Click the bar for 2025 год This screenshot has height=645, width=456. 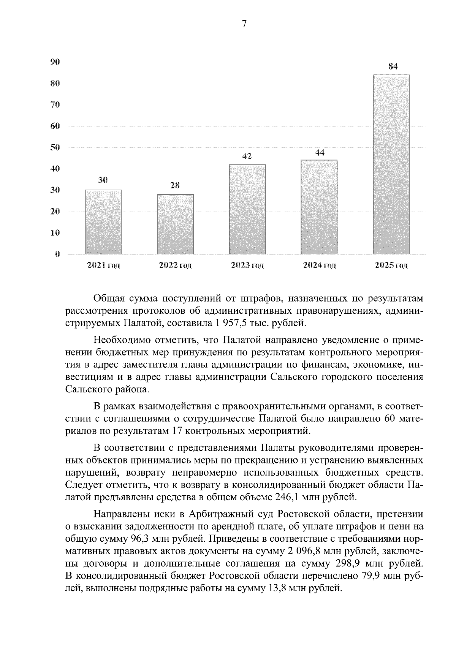[x=391, y=164]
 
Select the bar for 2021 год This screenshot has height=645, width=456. [x=103, y=222]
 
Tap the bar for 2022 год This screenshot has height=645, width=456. [x=175, y=224]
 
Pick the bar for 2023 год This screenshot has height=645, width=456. [x=247, y=209]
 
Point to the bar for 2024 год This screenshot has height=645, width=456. [x=319, y=207]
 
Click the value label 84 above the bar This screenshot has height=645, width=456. [x=393, y=66]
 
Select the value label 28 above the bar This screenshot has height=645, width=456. [x=175, y=185]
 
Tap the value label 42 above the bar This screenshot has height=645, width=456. [x=247, y=156]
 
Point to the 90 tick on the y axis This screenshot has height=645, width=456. [x=55, y=62]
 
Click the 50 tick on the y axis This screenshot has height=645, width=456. [x=55, y=147]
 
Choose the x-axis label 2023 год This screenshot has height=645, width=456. [x=247, y=266]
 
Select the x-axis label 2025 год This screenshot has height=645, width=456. [x=391, y=266]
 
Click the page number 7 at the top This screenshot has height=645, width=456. [x=244, y=24]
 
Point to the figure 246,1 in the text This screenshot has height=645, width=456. [x=286, y=496]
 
